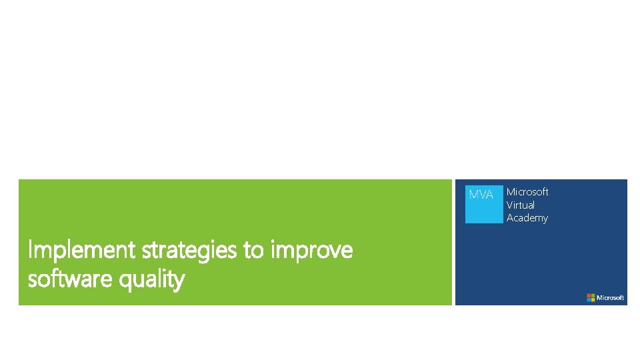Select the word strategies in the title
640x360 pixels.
189,251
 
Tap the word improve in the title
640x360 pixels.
312,251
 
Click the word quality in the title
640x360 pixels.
152,280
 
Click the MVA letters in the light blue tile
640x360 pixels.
481,195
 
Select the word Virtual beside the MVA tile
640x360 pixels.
520,205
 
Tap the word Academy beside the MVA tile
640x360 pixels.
527,218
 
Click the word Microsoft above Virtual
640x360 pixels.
527,191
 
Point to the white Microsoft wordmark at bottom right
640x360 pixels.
611,297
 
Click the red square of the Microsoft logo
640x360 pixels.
589,295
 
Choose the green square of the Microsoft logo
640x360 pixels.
593,295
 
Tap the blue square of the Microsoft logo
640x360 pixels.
589,299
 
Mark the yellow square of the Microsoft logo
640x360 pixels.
593,299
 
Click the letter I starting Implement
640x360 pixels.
30,251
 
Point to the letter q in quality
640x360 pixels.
125,281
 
